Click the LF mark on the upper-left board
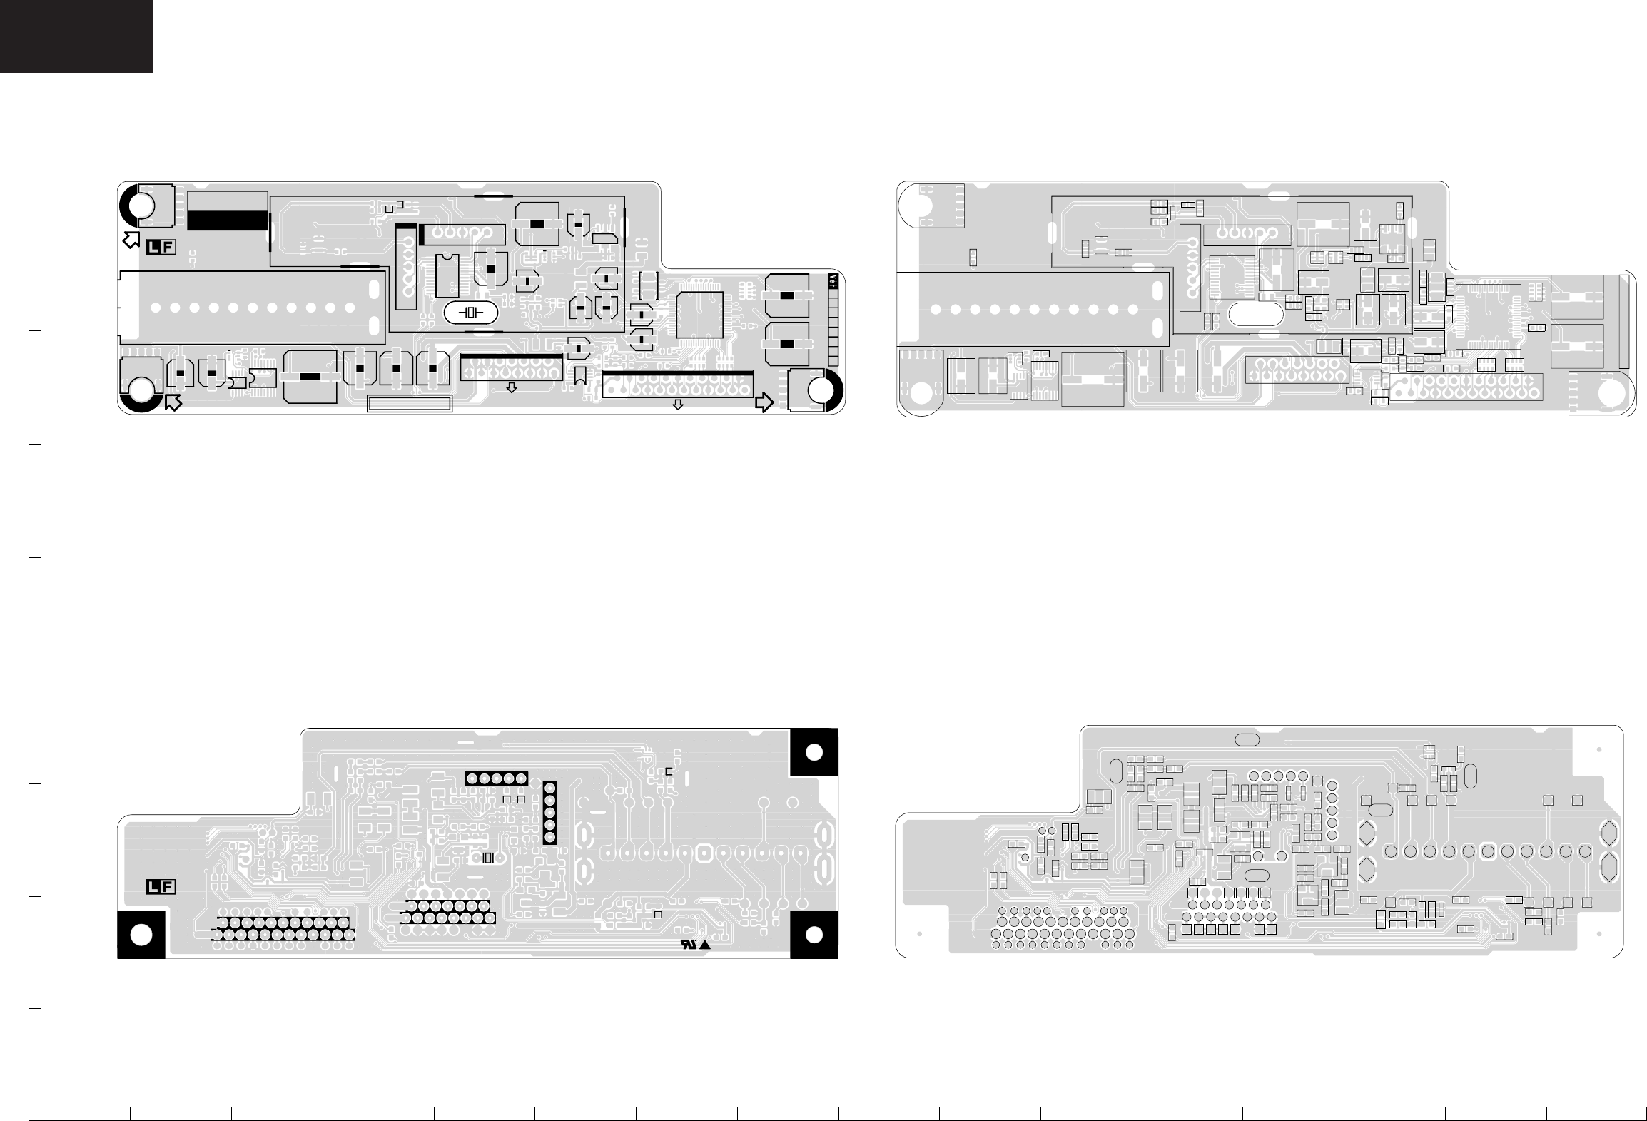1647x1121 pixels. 161,248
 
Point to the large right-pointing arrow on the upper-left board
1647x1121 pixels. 764,402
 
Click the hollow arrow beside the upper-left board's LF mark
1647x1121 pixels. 131,239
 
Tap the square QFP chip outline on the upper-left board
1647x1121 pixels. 699,315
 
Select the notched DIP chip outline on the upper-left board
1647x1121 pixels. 447,275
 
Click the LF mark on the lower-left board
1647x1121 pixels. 161,887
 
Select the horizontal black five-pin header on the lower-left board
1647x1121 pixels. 496,778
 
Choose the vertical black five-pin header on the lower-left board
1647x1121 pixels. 549,813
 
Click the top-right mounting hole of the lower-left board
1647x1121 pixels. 814,752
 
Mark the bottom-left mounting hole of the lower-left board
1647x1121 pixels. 141,935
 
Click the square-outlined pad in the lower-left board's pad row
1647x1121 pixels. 704,851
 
